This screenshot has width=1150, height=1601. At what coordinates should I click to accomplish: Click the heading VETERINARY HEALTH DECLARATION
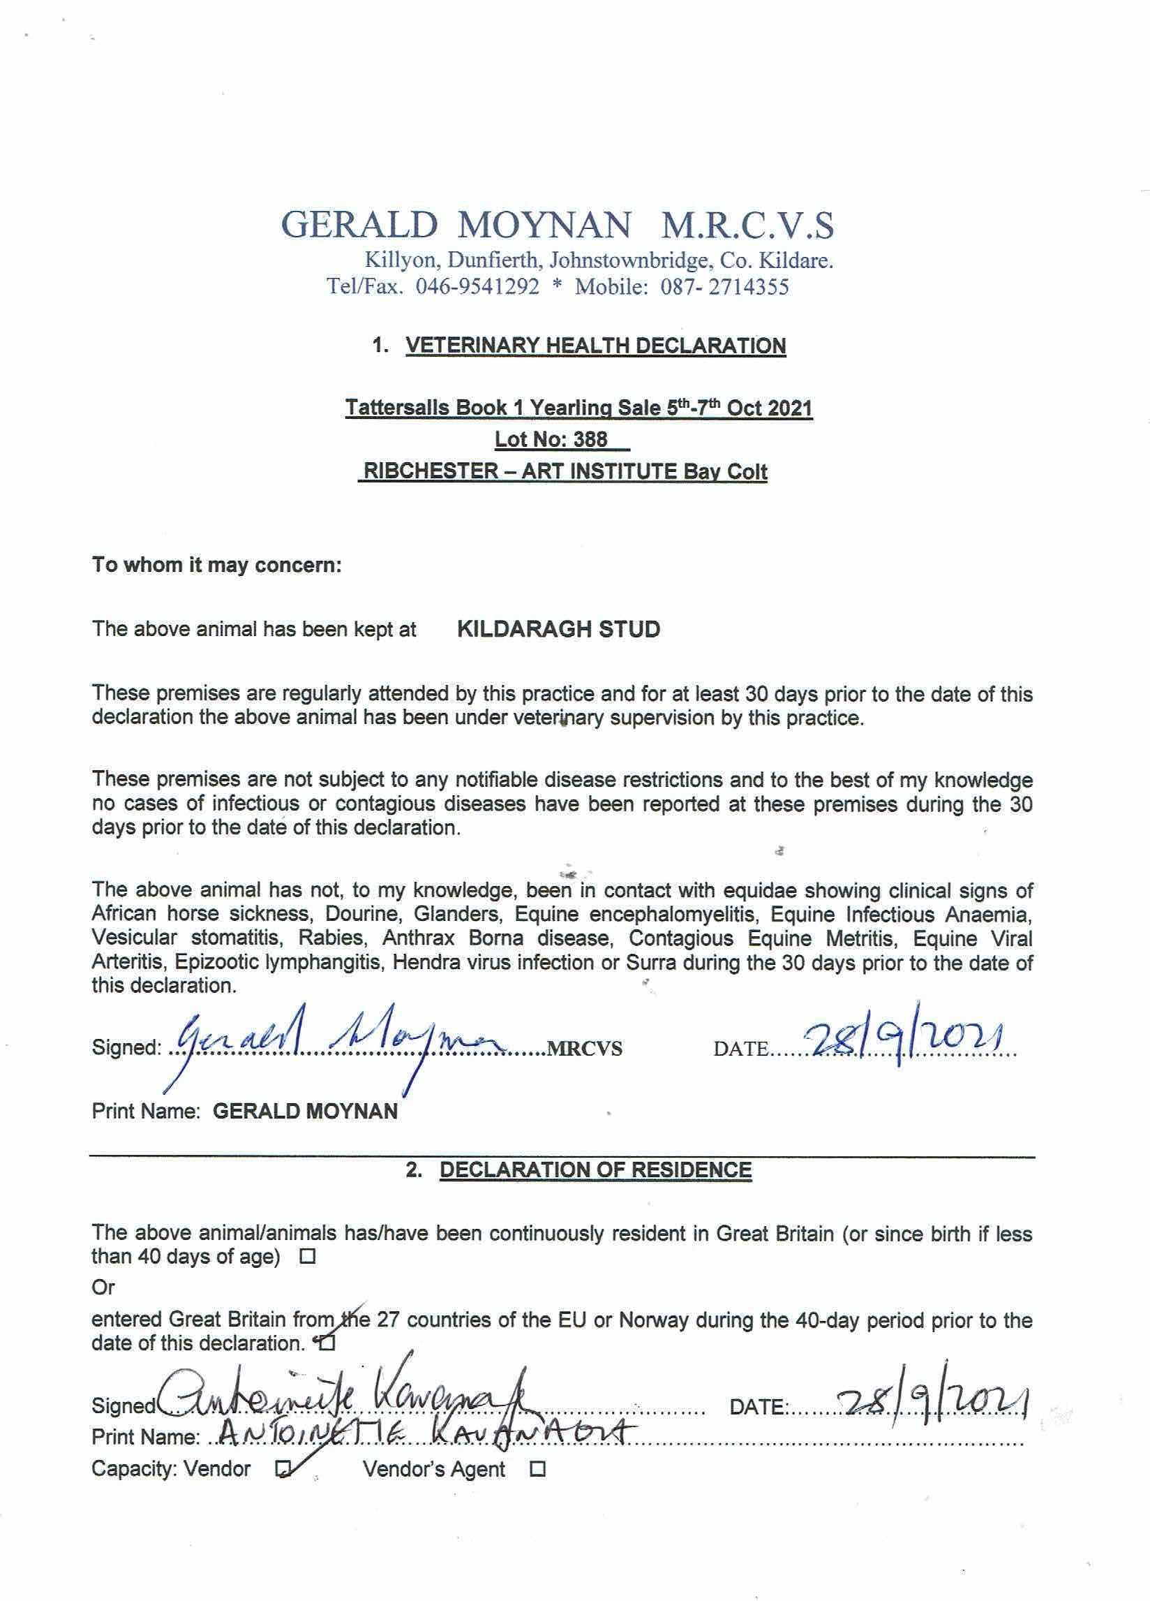coord(595,346)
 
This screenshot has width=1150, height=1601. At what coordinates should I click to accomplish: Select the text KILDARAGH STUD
coord(559,629)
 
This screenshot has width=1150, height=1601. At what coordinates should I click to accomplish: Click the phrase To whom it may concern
coord(216,566)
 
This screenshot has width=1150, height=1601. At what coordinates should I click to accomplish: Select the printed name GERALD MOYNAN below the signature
coord(305,1111)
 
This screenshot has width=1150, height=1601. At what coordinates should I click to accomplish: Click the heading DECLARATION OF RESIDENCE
coord(595,1170)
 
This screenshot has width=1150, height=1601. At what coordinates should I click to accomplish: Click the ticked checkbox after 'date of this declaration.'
coord(328,1343)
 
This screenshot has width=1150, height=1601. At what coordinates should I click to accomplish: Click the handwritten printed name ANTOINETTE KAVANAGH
coord(424,1433)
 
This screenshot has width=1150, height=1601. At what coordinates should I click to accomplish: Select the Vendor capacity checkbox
coord(283,1469)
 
